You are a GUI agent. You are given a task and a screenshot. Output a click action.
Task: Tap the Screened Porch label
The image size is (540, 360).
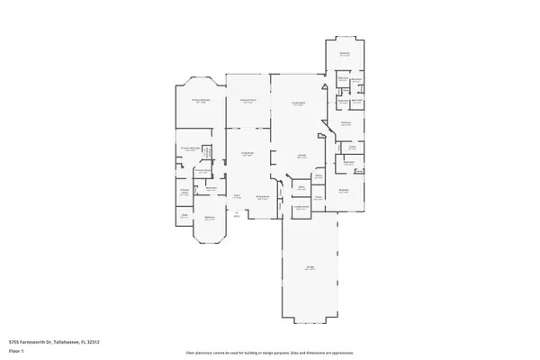click(249, 99)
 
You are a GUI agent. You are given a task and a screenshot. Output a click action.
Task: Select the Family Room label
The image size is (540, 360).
click(298, 103)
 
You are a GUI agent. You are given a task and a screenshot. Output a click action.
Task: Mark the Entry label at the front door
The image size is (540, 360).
click(237, 214)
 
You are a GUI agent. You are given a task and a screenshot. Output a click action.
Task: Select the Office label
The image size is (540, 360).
click(302, 186)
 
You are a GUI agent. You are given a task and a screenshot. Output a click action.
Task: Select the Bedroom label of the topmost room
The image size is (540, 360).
click(345, 53)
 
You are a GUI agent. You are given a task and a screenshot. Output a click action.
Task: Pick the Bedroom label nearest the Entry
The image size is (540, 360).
click(209, 218)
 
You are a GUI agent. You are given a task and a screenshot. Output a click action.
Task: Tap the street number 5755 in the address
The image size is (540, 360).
click(13, 342)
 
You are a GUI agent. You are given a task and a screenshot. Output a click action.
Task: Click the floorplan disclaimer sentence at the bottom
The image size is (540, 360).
click(269, 351)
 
